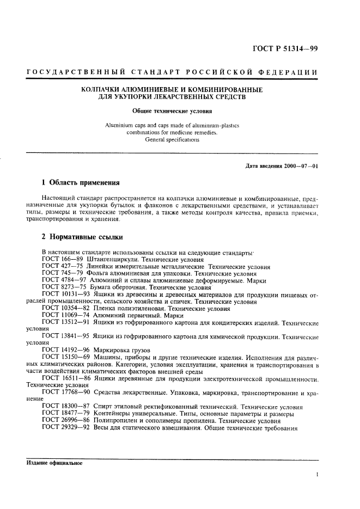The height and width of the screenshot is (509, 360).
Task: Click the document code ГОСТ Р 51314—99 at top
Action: [285, 48]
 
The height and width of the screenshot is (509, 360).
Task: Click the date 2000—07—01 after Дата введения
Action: [300, 165]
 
